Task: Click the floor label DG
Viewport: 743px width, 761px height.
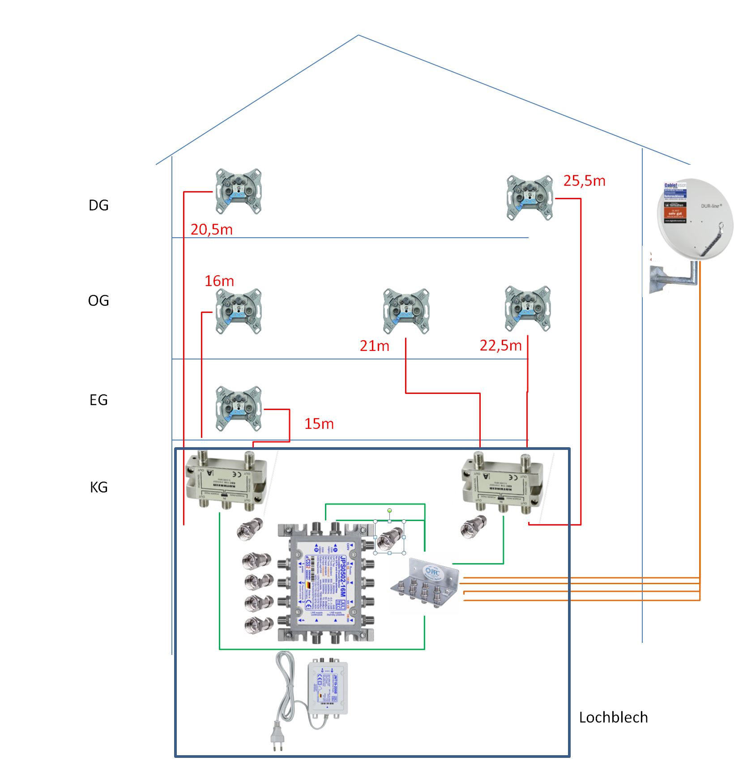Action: click(98, 205)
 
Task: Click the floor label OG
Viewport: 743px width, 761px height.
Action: click(98, 300)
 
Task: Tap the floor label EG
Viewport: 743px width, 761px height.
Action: click(98, 400)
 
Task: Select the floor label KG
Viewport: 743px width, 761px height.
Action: click(98, 487)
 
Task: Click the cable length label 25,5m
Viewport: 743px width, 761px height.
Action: click(584, 181)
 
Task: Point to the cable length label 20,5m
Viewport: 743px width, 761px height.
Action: click(211, 230)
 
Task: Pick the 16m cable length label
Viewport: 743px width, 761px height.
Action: click(219, 281)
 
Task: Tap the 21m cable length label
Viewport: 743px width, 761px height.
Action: click(375, 346)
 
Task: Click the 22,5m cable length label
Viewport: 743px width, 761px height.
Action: click(500, 345)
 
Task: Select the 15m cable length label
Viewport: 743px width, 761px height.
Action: click(319, 424)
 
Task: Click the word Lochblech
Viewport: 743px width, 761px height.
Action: click(613, 718)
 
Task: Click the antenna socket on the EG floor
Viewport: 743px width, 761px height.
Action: click(239, 408)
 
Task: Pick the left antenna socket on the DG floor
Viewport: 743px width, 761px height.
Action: click(239, 191)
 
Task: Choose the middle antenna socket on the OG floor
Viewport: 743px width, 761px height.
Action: click(406, 311)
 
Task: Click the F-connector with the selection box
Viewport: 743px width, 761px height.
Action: click(389, 537)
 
